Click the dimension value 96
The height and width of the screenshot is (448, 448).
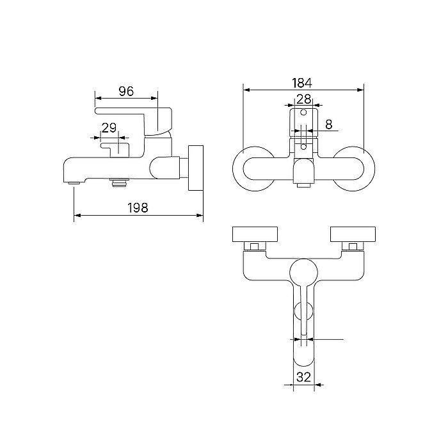[x=126, y=91]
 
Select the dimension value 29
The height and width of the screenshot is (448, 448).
[x=109, y=128]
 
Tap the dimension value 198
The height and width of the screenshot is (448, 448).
[x=138, y=208]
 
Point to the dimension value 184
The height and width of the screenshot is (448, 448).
[x=302, y=83]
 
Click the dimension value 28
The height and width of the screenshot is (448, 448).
[x=304, y=99]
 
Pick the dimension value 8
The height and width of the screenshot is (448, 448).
[x=329, y=124]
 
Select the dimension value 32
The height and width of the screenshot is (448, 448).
[x=303, y=377]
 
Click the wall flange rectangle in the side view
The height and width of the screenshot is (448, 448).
[x=196, y=168]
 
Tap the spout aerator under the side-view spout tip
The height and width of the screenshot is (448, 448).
[x=74, y=182]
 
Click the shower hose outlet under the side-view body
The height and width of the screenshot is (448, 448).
[x=120, y=182]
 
